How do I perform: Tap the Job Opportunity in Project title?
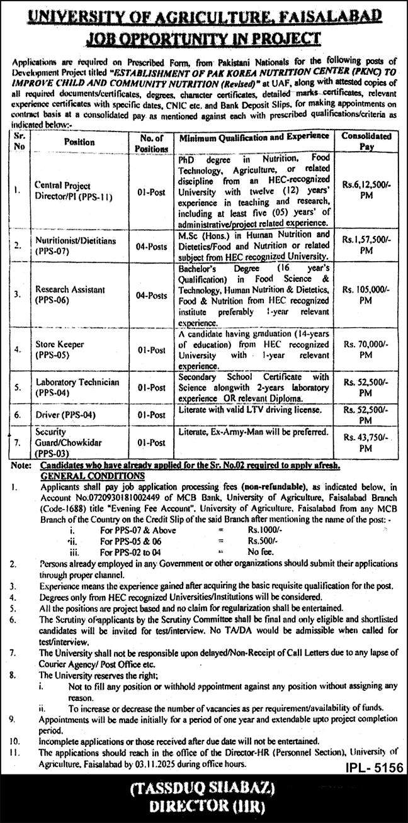click(204, 39)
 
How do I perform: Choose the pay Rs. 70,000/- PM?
click(366, 347)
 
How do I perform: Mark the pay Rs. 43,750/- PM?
click(366, 444)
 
